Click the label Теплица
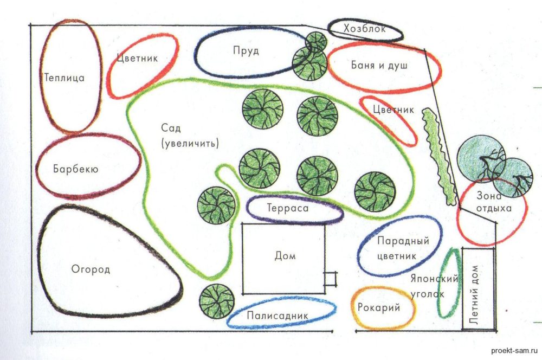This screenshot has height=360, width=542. click(x=64, y=78)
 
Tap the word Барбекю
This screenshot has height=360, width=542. click(x=75, y=169)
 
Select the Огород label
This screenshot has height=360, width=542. click(x=91, y=269)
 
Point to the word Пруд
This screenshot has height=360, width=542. click(x=246, y=51)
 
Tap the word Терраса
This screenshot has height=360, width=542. click(x=287, y=208)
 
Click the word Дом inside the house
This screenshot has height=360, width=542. click(x=285, y=256)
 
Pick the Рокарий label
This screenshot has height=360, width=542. click(x=379, y=308)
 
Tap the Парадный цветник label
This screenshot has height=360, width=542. click(x=396, y=248)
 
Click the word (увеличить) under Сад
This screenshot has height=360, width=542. click(x=189, y=144)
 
